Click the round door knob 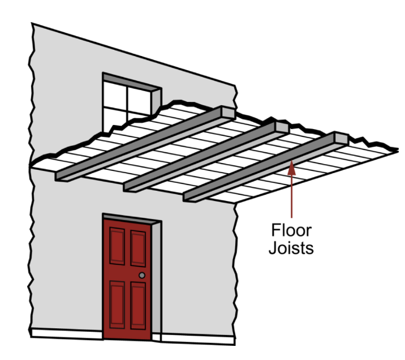142,275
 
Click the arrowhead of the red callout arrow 291,166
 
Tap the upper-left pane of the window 115,94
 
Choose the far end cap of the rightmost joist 342,138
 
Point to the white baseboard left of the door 67,333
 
